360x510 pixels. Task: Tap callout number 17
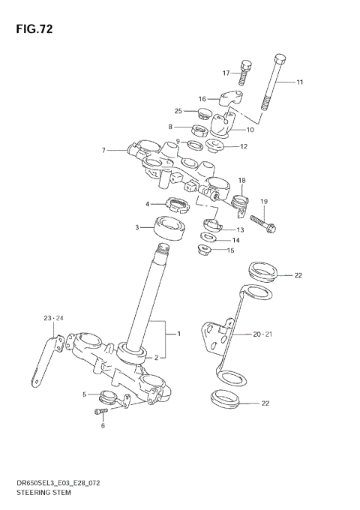[x=225, y=73]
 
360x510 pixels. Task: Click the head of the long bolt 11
[x=280, y=60]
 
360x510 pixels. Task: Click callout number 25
[x=178, y=111]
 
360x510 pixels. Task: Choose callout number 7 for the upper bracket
[x=104, y=150]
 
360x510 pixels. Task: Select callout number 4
[x=148, y=203]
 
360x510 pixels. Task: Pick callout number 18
[x=242, y=181]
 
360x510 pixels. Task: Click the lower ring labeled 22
[x=223, y=400]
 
